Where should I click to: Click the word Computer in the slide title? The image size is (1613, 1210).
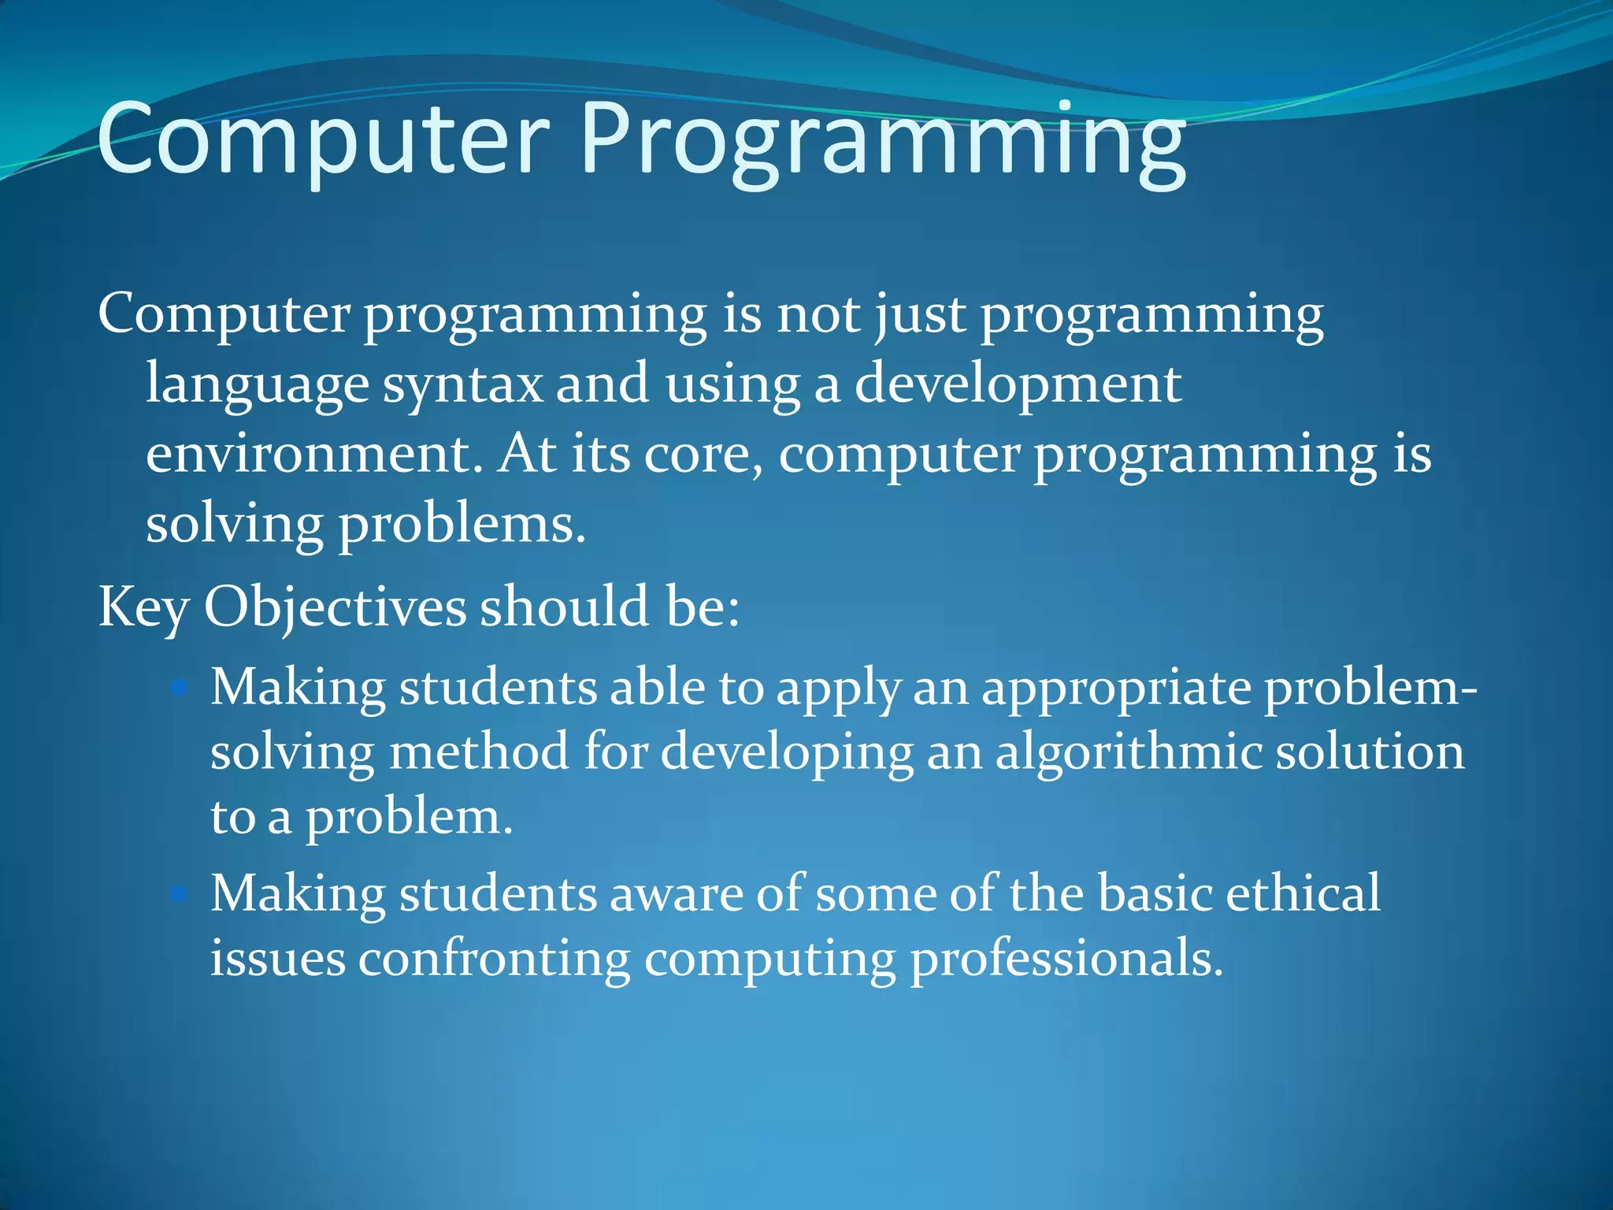coord(323,140)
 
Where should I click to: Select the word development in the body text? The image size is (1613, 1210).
coord(1018,386)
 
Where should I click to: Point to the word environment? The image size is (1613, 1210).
coord(313,455)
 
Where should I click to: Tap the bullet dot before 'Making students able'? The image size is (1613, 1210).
coord(180,689)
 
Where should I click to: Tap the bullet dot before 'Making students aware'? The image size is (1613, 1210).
coord(180,895)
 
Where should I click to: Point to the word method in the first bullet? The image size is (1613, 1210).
coord(479,752)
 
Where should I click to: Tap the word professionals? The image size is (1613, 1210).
coord(1066,960)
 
